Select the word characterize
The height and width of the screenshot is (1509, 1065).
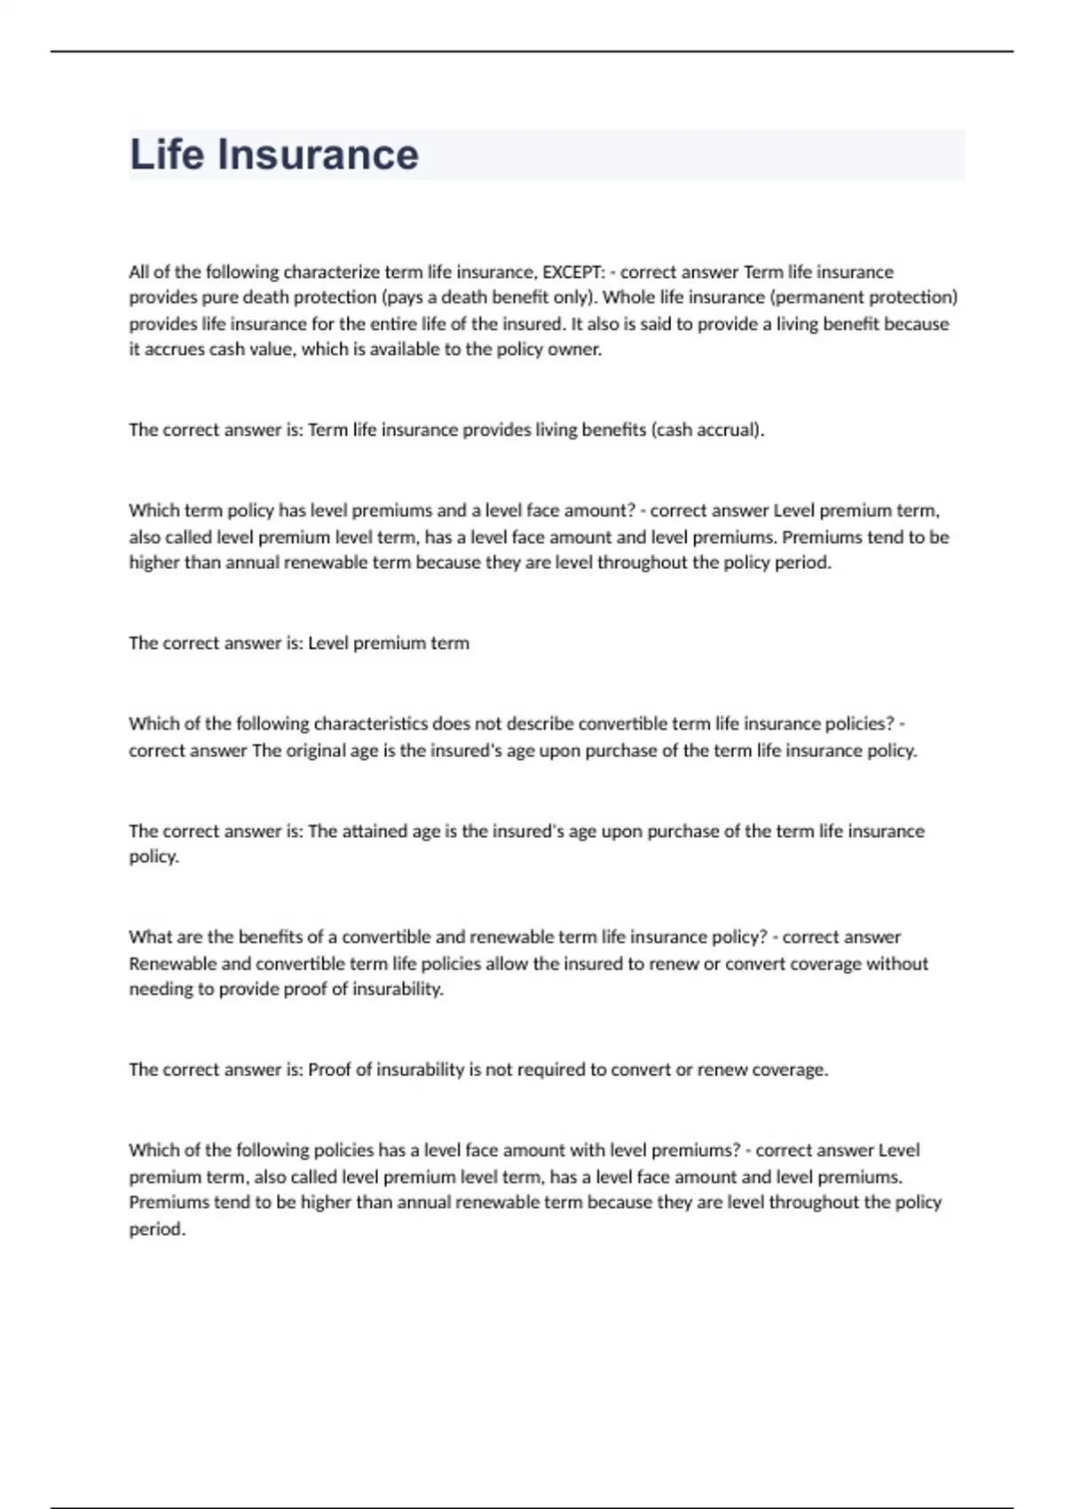(331, 272)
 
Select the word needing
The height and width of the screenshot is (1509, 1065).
(161, 990)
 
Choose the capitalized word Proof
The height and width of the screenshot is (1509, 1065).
(329, 1071)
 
